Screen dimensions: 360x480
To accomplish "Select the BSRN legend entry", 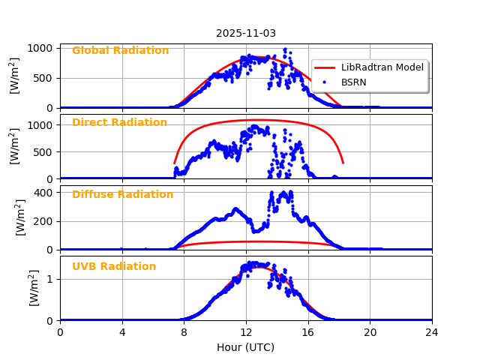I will coord(354,82).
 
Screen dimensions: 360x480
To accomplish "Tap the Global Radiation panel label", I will coord(120,51).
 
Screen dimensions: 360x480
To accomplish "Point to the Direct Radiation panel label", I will coord(119,123).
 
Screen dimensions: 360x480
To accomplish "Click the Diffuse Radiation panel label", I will coord(122,195).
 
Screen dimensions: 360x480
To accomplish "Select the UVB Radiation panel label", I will coord(114,267).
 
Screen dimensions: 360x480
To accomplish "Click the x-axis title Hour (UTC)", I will coord(246,347).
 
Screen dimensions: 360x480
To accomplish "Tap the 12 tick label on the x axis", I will coord(246,333).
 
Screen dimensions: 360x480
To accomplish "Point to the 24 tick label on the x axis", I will coord(432,333).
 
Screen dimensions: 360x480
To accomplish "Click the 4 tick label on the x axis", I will coord(122,333).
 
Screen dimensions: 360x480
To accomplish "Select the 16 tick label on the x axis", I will coord(308,333).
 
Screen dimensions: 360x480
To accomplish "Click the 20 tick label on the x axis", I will coord(370,333).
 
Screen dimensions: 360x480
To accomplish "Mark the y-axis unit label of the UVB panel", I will coord(34,288).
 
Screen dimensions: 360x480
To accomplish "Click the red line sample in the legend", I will coord(325,67).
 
